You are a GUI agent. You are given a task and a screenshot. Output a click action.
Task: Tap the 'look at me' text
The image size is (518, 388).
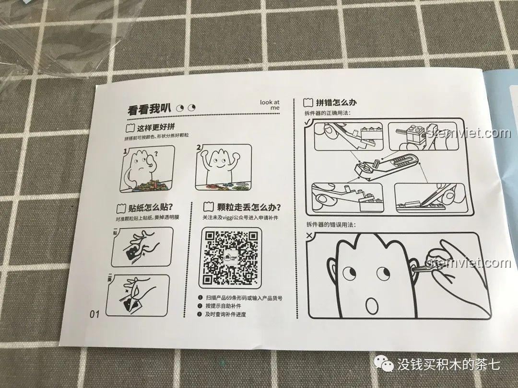pos(270,105)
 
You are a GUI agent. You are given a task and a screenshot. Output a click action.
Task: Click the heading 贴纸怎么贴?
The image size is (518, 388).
pos(144,208)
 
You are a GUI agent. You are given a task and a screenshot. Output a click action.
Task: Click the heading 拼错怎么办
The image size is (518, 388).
pos(335,102)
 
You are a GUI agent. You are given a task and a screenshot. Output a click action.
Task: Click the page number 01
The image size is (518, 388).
pos(94,314)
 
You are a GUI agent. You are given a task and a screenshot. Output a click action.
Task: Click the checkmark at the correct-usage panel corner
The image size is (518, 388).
pos(307,123)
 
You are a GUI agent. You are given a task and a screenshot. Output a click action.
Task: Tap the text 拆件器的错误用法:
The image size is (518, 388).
pos(331,225)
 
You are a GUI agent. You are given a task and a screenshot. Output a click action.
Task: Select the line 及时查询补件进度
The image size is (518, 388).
pos(230,314)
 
